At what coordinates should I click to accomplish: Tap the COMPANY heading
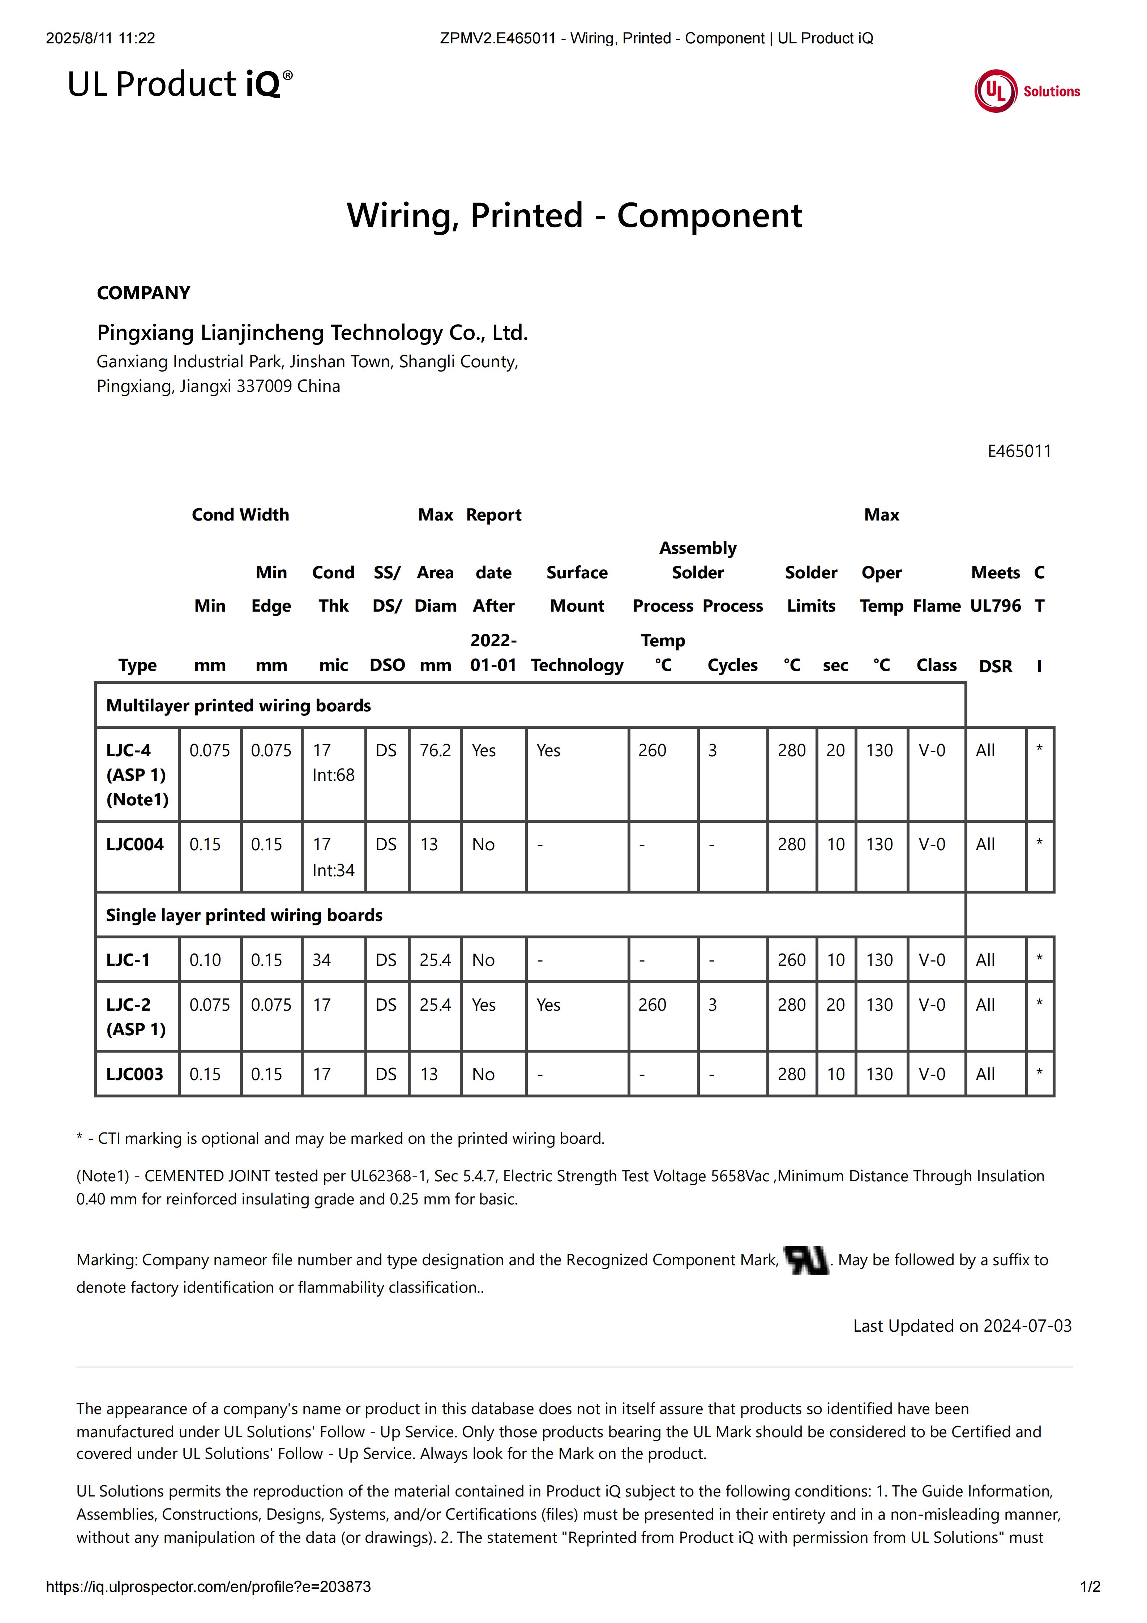(144, 293)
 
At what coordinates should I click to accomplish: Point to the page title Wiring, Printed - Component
(574, 215)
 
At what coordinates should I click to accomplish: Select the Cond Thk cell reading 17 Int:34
(333, 857)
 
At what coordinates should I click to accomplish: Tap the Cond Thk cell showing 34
(322, 960)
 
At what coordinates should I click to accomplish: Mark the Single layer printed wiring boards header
(244, 915)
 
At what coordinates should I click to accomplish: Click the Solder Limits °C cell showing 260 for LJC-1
(792, 960)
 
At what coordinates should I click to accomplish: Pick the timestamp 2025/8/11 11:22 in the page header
(100, 38)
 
